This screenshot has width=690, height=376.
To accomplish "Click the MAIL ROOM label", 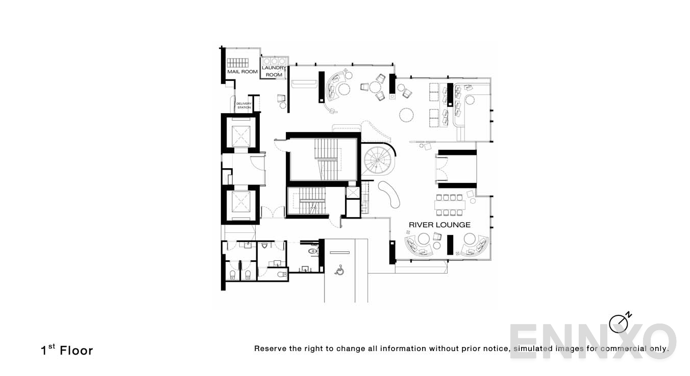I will [x=242, y=72].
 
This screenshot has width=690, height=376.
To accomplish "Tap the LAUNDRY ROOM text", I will [x=274, y=71].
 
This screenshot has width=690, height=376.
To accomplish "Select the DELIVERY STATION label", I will [x=244, y=105].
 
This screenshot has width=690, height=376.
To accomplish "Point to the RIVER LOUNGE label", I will [x=439, y=225].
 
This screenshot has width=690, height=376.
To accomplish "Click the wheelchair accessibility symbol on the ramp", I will [x=339, y=270].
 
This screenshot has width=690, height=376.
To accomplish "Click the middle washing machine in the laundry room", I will [x=275, y=61].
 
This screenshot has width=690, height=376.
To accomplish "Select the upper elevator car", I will [x=240, y=135].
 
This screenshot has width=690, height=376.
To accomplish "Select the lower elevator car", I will [x=240, y=203].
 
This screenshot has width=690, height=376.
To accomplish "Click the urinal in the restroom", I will [x=264, y=246].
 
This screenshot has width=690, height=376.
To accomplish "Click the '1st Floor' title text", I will [x=67, y=351].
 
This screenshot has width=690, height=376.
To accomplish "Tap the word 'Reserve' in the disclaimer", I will [x=270, y=349].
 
